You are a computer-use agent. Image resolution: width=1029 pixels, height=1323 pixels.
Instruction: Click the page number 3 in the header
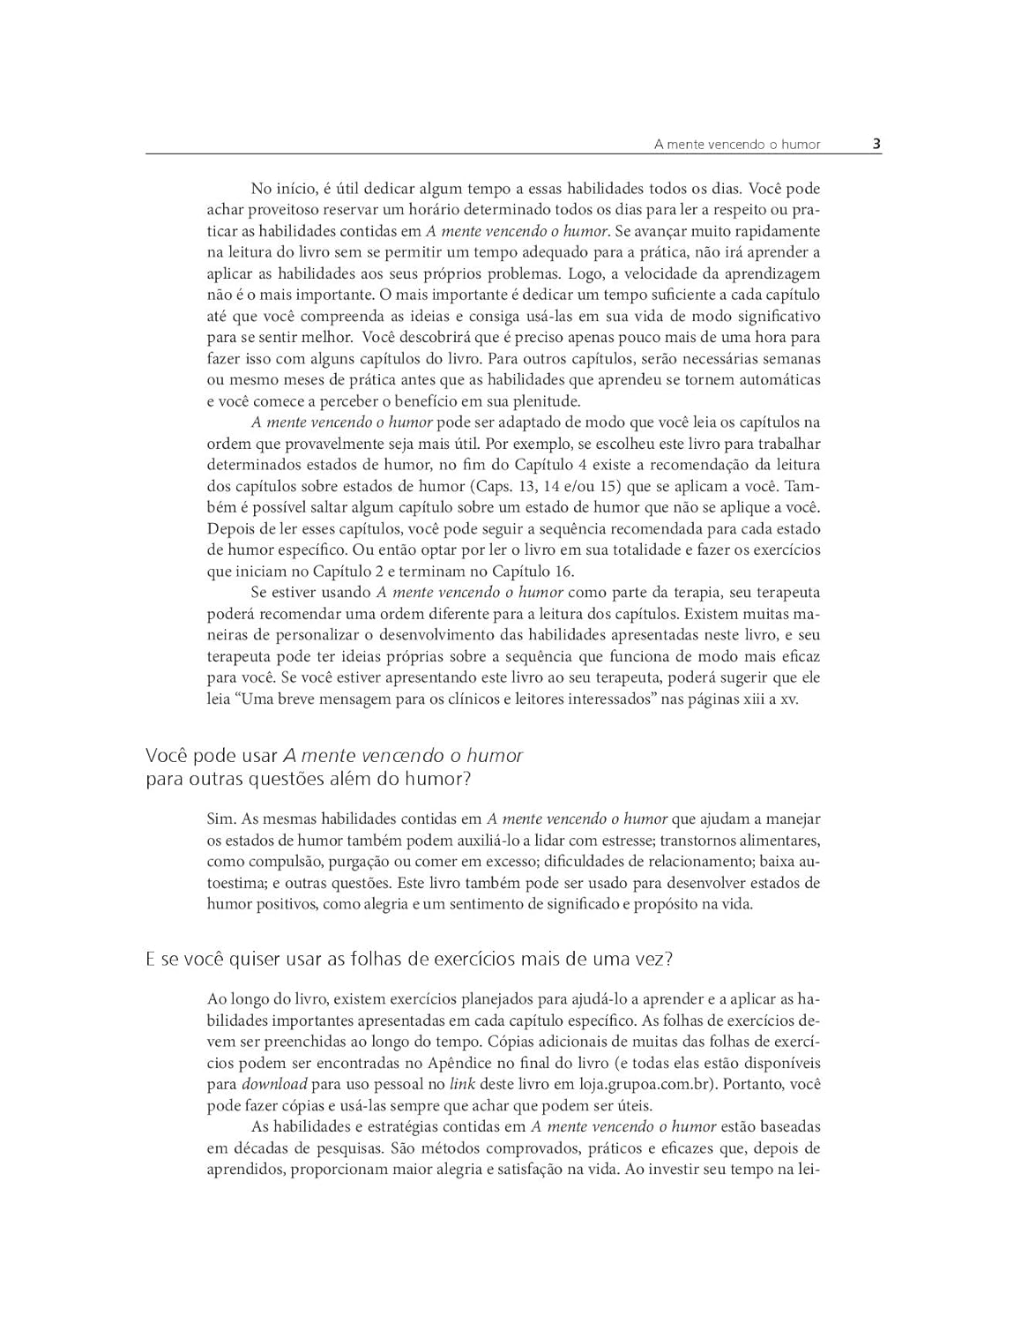pos(876,143)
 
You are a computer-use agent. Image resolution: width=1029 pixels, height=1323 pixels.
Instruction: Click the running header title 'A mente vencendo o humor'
pos(737,144)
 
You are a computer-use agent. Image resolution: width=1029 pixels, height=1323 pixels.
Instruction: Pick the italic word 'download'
pos(274,1084)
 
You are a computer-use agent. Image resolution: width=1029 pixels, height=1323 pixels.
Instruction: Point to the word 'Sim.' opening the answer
pos(221,819)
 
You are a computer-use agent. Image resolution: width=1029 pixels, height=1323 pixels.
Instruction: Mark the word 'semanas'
pos(792,358)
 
